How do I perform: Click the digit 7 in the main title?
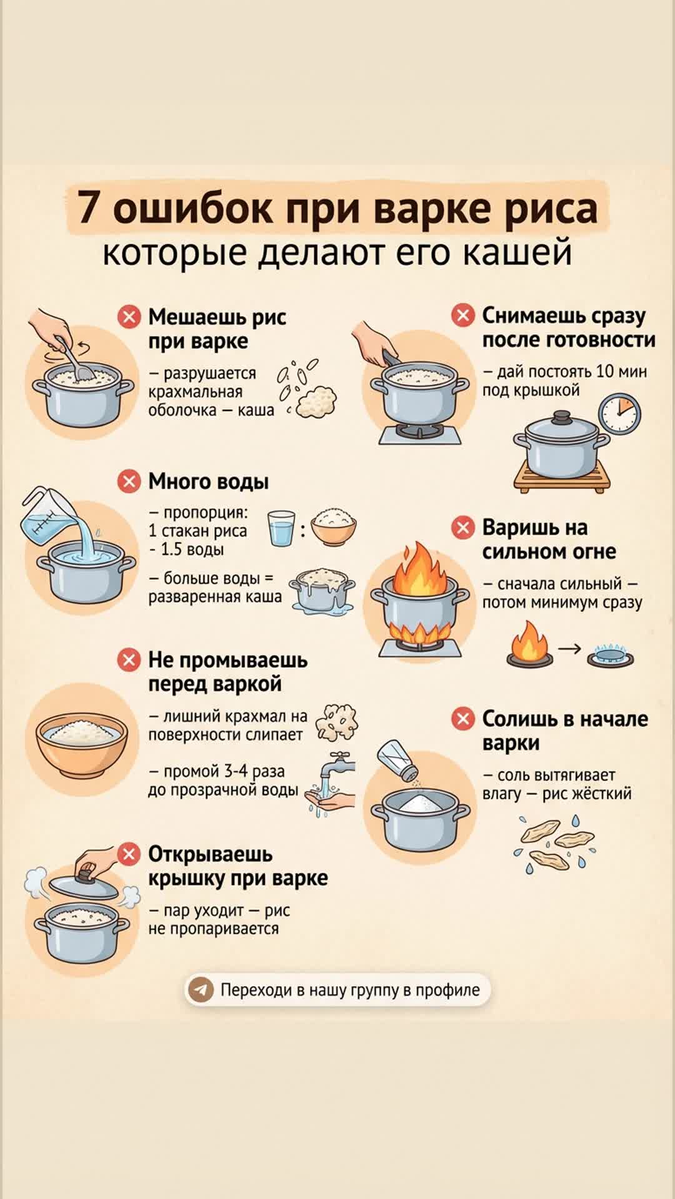pyautogui.click(x=89, y=208)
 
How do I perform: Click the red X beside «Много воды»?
pyautogui.click(x=129, y=481)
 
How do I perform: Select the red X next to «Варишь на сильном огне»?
pyautogui.click(x=463, y=528)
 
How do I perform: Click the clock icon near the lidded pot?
pyautogui.click(x=619, y=414)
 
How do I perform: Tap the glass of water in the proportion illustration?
pyautogui.click(x=281, y=528)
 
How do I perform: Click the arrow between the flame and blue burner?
pyautogui.click(x=569, y=649)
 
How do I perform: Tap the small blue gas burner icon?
pyautogui.click(x=611, y=655)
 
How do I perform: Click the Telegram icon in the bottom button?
pyautogui.click(x=201, y=990)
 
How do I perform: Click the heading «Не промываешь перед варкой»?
pyautogui.click(x=227, y=672)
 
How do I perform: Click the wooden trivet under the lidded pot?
pyautogui.click(x=562, y=480)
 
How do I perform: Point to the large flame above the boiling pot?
pyautogui.click(x=420, y=570)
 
